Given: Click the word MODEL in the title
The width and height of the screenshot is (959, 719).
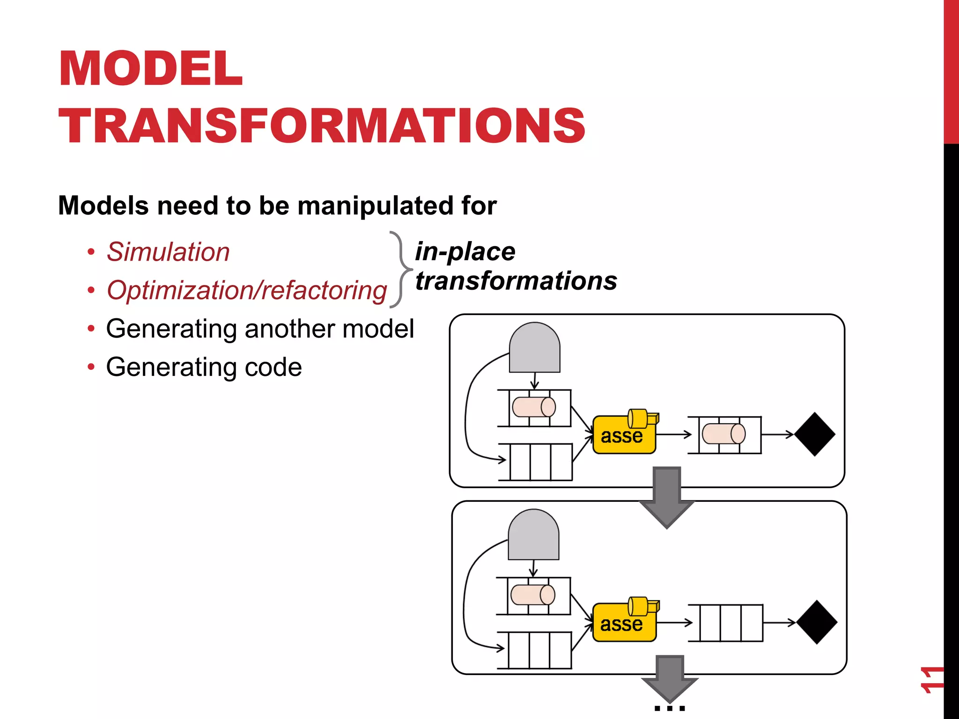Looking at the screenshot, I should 151,69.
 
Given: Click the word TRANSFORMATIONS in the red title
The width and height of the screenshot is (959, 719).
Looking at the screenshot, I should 322,125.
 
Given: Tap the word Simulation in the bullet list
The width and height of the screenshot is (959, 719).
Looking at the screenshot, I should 168,252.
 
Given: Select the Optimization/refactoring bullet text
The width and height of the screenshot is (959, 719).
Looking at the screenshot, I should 247,290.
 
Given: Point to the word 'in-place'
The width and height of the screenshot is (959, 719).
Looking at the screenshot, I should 465,251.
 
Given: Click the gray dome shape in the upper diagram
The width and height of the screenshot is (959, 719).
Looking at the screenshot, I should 534,348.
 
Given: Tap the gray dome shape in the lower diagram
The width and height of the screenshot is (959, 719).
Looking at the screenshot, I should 533,536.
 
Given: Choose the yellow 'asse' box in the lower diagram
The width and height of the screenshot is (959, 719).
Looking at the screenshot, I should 623,623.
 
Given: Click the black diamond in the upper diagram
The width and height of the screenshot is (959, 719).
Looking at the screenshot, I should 815,434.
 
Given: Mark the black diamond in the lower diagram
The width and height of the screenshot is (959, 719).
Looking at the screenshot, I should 816,622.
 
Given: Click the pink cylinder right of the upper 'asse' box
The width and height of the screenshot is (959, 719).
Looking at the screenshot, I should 723,433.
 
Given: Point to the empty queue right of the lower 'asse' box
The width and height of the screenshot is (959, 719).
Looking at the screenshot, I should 731,623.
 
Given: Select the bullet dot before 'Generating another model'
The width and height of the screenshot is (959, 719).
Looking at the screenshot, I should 91,329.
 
